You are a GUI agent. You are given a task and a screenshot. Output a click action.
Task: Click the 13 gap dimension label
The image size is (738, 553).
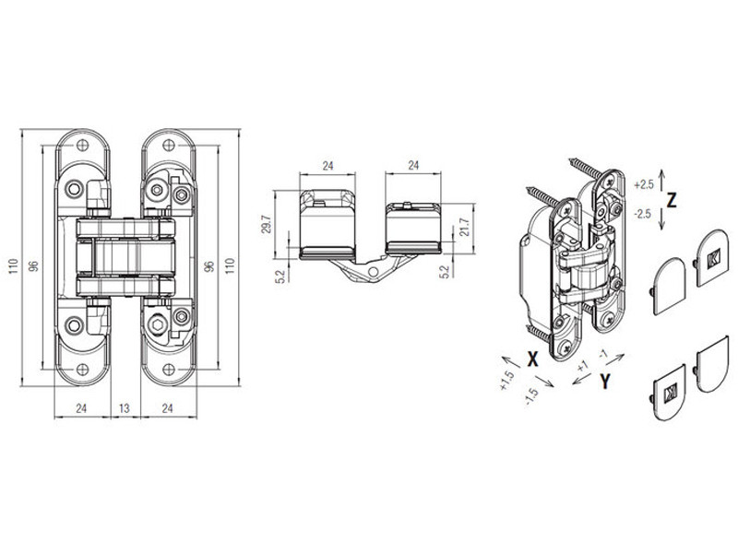(124, 408)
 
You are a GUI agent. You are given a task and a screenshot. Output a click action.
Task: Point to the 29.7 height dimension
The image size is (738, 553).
(267, 224)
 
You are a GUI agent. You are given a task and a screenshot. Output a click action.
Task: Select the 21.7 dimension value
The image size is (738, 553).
(465, 227)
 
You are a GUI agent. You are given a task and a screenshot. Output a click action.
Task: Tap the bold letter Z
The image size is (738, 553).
(672, 200)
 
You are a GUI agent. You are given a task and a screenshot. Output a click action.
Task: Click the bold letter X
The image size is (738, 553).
(532, 359)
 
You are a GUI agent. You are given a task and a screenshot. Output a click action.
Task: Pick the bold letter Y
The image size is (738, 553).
(605, 382)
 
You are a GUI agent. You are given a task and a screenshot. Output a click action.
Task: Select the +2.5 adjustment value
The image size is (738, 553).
(644, 184)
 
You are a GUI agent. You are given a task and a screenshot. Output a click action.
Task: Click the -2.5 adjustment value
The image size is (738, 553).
(643, 214)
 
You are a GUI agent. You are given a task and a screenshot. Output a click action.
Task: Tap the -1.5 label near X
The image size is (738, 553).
(531, 397)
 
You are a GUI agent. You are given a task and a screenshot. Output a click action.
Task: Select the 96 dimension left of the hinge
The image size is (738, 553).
(33, 266)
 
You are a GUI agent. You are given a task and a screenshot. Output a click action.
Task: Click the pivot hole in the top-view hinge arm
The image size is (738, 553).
(373, 272)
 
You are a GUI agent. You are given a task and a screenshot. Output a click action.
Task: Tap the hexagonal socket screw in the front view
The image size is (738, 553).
(157, 324)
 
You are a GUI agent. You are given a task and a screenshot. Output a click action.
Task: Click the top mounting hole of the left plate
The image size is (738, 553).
(82, 145)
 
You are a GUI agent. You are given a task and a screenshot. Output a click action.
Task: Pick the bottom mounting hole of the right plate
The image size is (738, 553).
(169, 370)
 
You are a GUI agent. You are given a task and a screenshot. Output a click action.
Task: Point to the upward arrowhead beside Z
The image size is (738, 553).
(661, 173)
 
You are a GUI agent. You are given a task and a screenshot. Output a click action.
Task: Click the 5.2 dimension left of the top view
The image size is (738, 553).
(281, 276)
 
